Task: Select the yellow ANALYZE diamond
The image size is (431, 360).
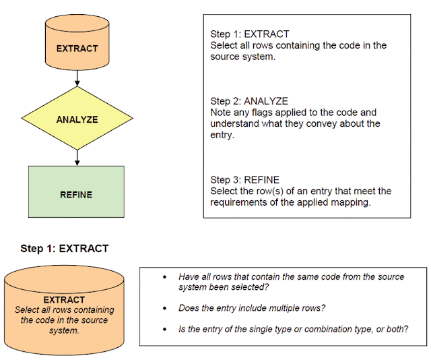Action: click(x=77, y=119)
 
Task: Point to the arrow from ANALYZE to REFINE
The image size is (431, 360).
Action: click(x=77, y=157)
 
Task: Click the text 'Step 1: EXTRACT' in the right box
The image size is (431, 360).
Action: click(x=248, y=34)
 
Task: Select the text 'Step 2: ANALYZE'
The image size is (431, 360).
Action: click(x=249, y=101)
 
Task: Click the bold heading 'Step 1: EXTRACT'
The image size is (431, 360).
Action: click(x=65, y=249)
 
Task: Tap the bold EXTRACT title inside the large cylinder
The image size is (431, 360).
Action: click(x=64, y=299)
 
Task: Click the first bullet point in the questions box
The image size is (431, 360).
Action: click(x=164, y=277)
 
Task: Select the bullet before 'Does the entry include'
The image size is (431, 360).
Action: click(x=164, y=308)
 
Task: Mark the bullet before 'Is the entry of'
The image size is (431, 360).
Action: click(x=164, y=330)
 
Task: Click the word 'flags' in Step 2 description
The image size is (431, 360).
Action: click(x=259, y=113)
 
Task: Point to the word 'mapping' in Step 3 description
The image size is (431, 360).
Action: click(x=350, y=202)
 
